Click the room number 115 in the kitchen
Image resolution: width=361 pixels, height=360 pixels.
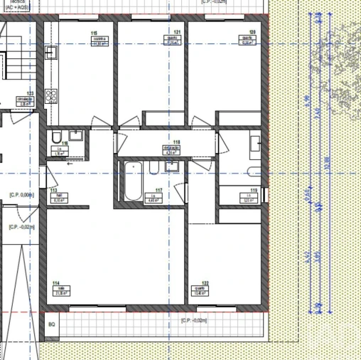[94, 33]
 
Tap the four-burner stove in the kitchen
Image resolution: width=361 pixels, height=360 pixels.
[52, 95]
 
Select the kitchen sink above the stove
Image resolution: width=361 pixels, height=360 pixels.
[51, 51]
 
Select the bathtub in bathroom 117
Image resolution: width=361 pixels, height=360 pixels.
[132, 181]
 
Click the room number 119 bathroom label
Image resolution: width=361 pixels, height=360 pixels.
[254, 191]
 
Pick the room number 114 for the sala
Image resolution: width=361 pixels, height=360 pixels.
[55, 282]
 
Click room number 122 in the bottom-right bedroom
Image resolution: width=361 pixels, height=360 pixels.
[205, 282]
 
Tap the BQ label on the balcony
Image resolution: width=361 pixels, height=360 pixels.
[51, 324]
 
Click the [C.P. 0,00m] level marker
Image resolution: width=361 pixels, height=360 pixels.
[22, 194]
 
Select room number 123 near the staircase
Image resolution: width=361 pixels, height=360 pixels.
[31, 93]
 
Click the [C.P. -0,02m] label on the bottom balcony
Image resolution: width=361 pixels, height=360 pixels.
[193, 321]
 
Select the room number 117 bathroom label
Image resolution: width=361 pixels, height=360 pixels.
[158, 191]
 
